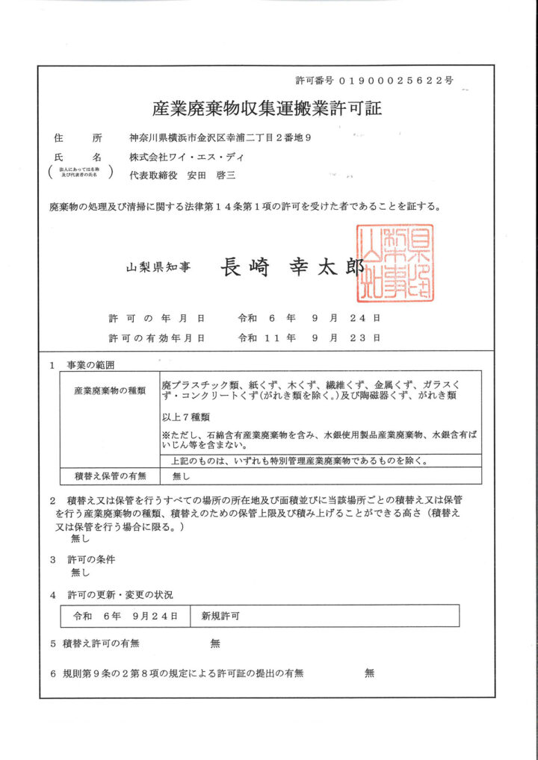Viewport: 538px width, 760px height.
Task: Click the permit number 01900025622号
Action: (396, 80)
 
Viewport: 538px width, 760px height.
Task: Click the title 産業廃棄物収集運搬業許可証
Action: (267, 108)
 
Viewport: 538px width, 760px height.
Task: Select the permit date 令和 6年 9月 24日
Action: (309, 317)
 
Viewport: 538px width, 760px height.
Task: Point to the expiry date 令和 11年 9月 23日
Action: (309, 337)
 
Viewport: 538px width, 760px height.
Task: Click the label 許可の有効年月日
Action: (156, 337)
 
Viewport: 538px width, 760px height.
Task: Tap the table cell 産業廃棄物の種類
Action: (109, 390)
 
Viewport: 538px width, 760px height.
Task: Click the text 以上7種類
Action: (185, 417)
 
